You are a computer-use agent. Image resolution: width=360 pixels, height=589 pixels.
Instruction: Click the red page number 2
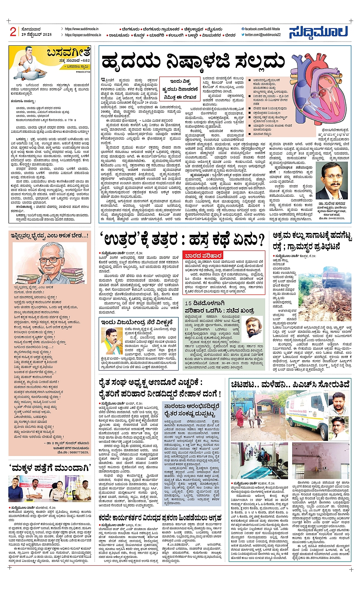[13, 32]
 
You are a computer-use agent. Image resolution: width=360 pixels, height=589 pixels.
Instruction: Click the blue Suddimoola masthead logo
[318, 32]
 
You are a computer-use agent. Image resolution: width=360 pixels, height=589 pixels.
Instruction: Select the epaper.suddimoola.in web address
[83, 35]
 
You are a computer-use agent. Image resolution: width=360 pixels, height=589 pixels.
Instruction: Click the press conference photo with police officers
[50, 488]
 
